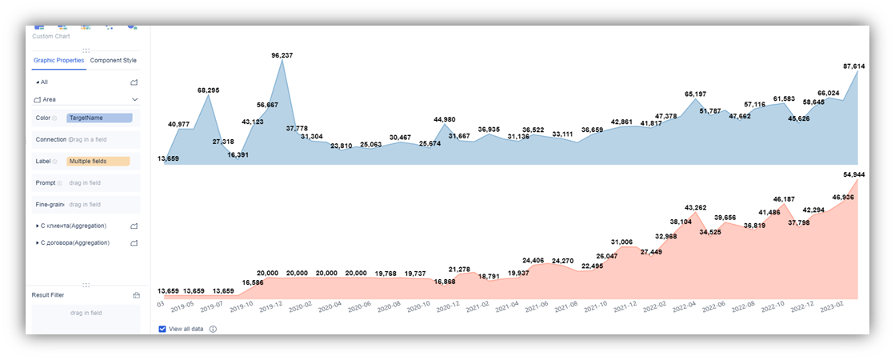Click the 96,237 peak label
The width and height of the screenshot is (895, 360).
tap(282, 55)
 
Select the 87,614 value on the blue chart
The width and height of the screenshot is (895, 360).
tap(854, 66)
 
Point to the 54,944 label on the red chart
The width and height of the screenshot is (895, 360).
tap(854, 174)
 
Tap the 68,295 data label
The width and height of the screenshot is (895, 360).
tap(208, 90)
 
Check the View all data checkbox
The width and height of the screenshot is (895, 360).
tap(162, 329)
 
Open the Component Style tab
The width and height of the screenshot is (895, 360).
tap(113, 60)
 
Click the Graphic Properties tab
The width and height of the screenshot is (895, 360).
tap(59, 60)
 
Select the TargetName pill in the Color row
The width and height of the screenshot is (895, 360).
tap(99, 118)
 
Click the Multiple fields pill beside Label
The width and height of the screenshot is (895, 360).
tap(98, 162)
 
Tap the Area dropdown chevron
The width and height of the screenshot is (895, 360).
tap(134, 99)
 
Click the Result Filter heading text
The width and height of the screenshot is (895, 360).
tap(48, 295)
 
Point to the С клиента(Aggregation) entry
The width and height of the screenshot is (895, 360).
tap(73, 226)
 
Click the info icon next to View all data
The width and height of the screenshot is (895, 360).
tap(213, 329)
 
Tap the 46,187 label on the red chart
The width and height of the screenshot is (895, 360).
tap(785, 199)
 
